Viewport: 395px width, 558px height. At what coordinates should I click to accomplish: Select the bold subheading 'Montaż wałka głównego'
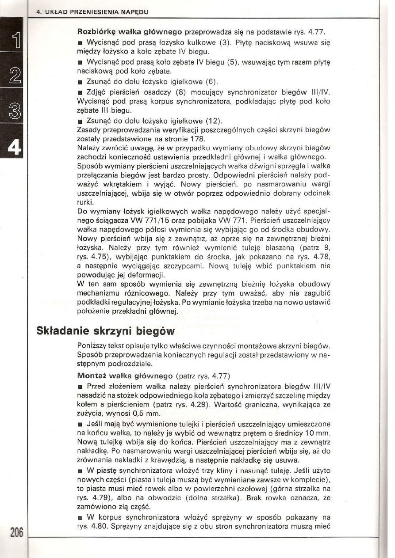point(125,376)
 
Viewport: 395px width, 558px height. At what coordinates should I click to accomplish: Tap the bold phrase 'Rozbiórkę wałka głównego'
point(130,32)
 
